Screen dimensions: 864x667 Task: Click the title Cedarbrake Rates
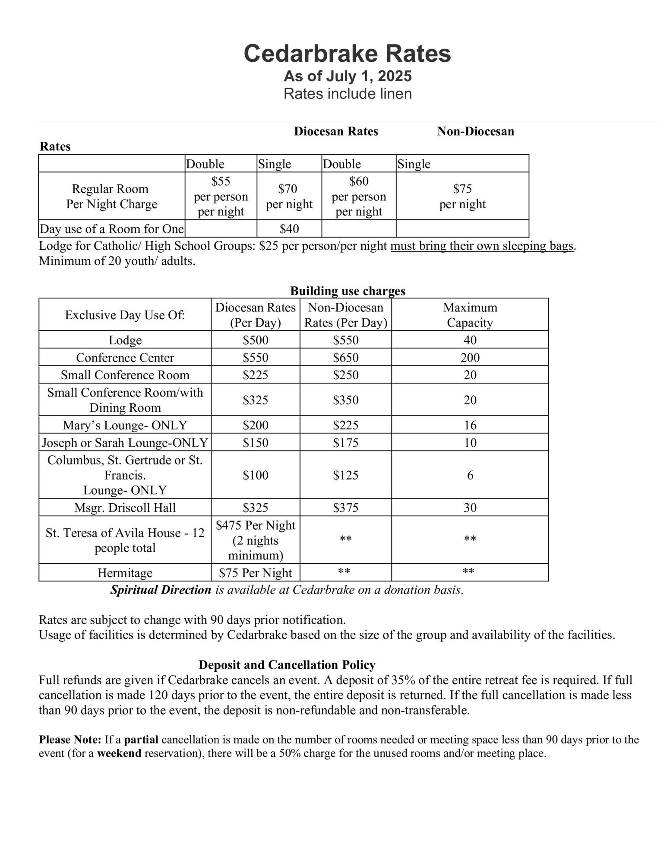[x=347, y=54]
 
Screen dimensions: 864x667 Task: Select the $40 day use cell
[x=289, y=229]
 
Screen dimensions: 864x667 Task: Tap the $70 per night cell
[x=289, y=196]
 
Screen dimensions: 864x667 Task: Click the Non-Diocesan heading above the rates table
[x=475, y=131]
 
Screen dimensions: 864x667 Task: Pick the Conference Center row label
[x=125, y=358]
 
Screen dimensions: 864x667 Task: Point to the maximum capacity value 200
[x=470, y=358]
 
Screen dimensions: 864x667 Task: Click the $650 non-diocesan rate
[x=345, y=358]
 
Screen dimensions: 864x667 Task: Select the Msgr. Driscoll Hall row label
[x=125, y=508]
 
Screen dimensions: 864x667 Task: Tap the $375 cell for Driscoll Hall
[x=345, y=508]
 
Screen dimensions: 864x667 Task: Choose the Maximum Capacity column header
[x=470, y=315]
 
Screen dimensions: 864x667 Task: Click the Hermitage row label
[x=125, y=573]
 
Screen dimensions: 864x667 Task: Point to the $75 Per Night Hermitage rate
[x=255, y=573]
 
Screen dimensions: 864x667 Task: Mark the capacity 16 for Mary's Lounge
[x=470, y=425]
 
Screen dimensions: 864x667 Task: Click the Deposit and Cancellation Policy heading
[x=287, y=664]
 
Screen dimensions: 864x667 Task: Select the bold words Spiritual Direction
[x=161, y=590]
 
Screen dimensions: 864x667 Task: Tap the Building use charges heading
[x=348, y=291]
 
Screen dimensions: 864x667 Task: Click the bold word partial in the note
[x=141, y=740]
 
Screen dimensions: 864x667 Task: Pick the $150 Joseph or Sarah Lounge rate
[x=255, y=443]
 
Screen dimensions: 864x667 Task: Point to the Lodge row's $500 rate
[x=255, y=340]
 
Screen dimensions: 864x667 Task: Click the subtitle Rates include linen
[x=347, y=94]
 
